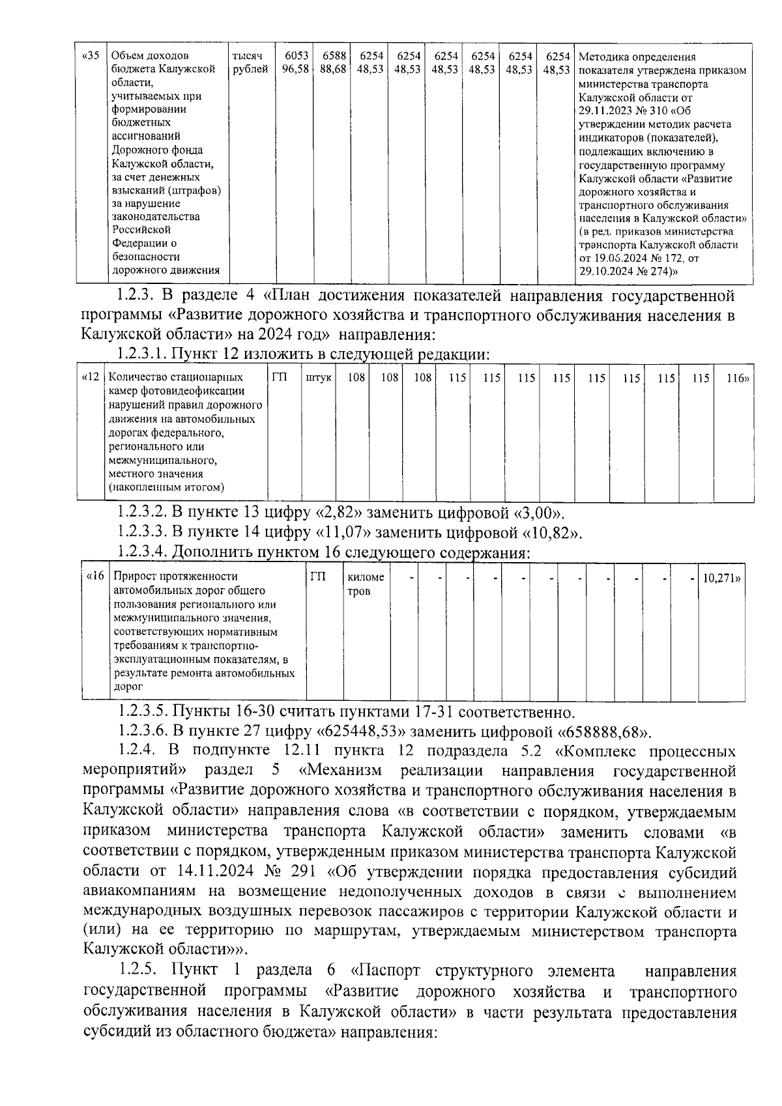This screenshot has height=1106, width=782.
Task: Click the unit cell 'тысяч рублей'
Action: click(250, 63)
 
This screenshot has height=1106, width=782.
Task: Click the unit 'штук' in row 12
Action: click(319, 378)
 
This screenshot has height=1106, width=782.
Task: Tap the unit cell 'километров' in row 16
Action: click(366, 584)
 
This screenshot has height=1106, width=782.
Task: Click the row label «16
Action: click(96, 577)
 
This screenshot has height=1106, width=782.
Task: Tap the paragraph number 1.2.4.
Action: click(138, 750)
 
